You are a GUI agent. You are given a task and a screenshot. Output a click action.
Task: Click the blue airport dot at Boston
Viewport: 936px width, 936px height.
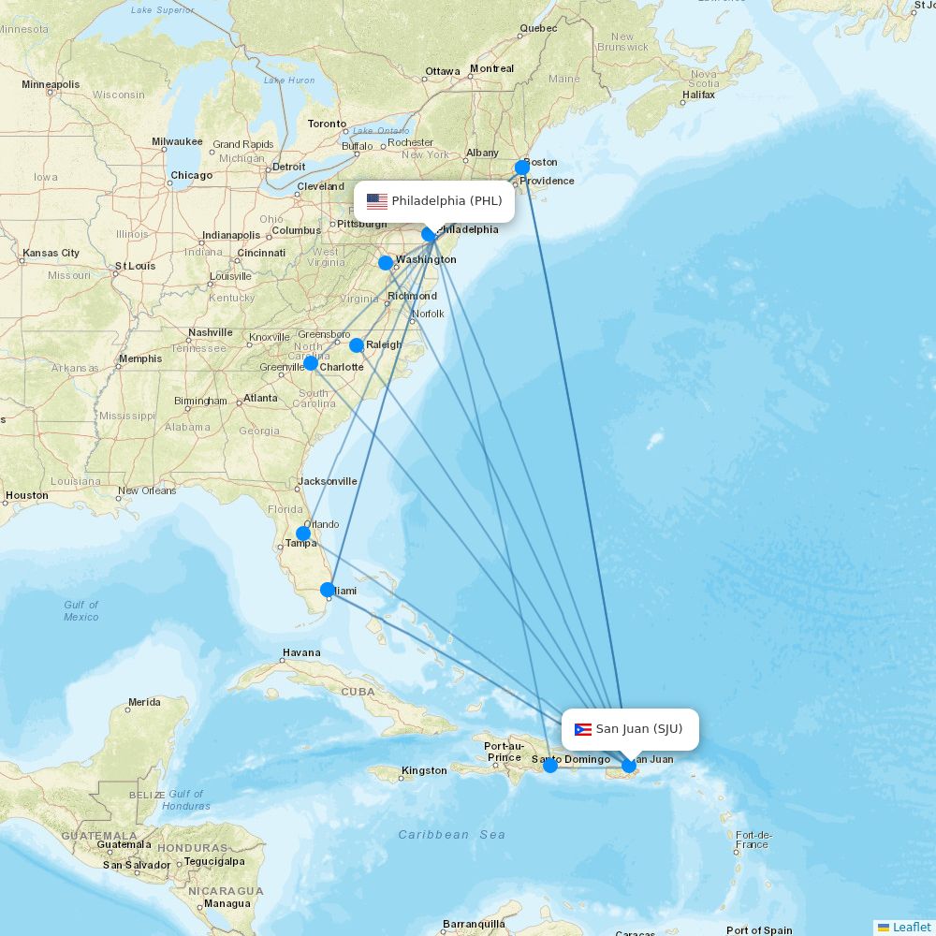(x=522, y=168)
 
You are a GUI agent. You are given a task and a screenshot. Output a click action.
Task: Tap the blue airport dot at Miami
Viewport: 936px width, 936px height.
(x=328, y=590)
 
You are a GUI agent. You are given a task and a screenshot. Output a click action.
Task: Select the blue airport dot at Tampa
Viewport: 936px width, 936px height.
(x=303, y=534)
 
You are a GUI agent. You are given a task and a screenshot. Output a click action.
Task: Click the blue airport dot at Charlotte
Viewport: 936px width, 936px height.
(x=311, y=363)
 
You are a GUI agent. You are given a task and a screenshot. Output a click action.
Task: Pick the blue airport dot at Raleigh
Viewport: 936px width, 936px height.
(x=357, y=345)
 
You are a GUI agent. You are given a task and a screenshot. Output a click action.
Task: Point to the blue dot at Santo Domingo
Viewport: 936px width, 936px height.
(x=550, y=766)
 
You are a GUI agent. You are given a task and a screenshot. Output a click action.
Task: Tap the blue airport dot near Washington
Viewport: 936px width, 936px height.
(x=386, y=263)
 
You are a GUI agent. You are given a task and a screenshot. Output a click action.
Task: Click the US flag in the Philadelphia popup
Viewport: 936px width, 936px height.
(x=377, y=201)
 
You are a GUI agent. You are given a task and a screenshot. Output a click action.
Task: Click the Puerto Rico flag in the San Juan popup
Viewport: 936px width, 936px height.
(x=583, y=730)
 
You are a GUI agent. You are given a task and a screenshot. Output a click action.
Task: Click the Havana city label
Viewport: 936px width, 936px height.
(x=301, y=652)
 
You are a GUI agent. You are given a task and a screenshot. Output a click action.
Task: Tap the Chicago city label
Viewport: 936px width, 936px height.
(x=191, y=175)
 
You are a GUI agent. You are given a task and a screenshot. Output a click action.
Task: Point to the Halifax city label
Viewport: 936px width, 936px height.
(x=698, y=95)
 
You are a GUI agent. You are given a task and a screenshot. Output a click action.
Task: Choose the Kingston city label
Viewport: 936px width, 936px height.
(x=424, y=770)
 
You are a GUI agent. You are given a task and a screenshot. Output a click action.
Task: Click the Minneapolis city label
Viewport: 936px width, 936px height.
(x=51, y=84)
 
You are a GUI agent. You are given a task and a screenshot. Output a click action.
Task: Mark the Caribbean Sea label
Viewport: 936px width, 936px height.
(x=451, y=834)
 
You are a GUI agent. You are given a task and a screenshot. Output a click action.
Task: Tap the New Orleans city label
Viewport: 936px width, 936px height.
(x=147, y=490)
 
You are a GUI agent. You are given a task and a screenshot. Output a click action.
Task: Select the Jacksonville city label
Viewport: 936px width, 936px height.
(x=328, y=481)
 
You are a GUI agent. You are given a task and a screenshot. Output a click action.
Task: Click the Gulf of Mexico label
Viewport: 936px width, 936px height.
(x=81, y=610)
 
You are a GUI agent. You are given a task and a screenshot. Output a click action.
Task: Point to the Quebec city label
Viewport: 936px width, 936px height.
(x=538, y=28)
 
